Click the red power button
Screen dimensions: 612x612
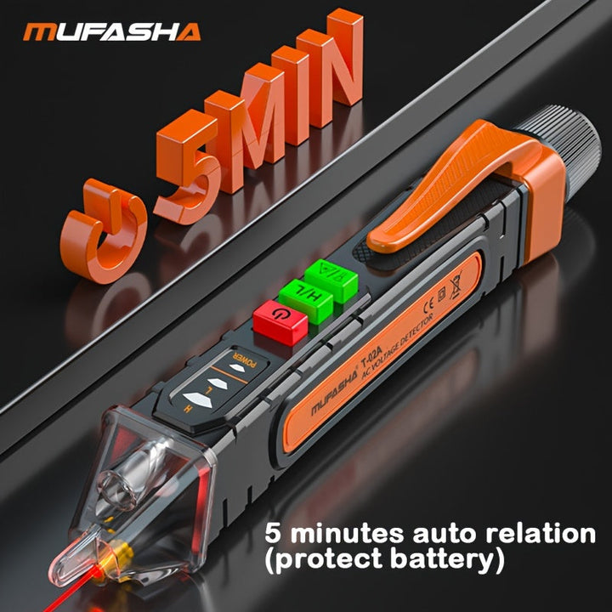tap(280, 322)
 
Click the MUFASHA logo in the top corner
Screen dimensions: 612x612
tap(112, 31)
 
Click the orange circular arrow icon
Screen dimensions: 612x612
tap(105, 222)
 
